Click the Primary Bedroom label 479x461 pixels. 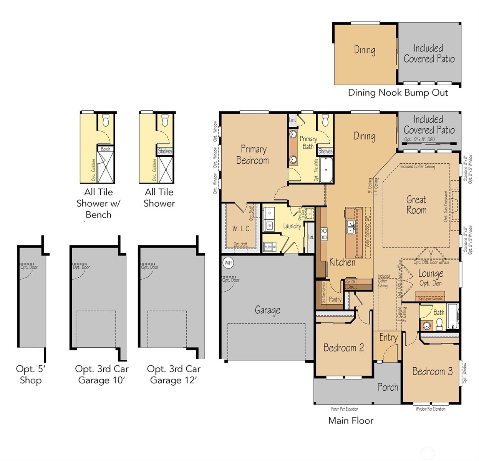tap(253, 154)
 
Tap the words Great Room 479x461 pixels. tap(416, 205)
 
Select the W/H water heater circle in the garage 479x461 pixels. tap(228, 263)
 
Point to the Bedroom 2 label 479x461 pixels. tap(343, 348)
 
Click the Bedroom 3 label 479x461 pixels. tap(432, 371)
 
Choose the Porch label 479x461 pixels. tap(388, 387)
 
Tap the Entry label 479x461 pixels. tap(388, 338)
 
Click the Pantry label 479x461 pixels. tap(335, 299)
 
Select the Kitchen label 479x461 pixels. tap(342, 262)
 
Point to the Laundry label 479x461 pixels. tap(292, 226)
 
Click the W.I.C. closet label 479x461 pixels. tap(241, 229)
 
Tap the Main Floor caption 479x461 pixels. tap(351, 421)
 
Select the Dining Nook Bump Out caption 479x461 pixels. tap(398, 93)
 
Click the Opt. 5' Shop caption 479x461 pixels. tap(31, 375)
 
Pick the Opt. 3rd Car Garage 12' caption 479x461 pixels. tap(174, 375)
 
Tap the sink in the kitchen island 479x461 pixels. tap(351, 227)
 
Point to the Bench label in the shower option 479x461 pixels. tap(106, 149)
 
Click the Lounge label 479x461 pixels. tap(431, 274)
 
